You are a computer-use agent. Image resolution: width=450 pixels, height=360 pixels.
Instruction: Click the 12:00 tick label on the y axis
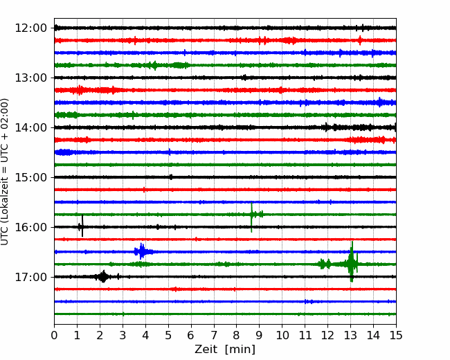pos(30,28)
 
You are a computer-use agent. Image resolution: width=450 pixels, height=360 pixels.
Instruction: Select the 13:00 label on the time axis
pos(30,78)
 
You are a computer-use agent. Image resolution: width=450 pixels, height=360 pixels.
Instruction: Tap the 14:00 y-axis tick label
pos(30,127)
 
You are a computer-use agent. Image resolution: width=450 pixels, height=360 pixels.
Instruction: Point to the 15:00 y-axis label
pos(30,177)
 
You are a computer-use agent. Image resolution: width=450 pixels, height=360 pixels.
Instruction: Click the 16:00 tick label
pos(30,227)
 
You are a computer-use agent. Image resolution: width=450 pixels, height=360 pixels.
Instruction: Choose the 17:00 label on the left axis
pos(30,277)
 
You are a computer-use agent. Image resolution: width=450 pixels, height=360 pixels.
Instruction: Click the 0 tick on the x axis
pos(54,335)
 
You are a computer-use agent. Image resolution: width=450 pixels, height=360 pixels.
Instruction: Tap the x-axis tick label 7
pos(214,335)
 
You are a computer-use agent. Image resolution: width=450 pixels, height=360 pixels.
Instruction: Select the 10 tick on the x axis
pos(282,335)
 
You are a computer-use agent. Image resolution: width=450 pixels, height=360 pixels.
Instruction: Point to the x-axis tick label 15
pos(396,335)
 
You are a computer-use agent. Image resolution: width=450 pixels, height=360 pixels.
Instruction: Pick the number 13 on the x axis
pos(350,335)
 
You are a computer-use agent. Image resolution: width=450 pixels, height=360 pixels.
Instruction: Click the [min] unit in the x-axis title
pos(240,350)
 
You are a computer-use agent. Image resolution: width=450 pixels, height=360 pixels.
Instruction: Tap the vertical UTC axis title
pos(4,172)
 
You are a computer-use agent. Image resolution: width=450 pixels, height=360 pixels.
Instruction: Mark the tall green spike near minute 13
pos(352,262)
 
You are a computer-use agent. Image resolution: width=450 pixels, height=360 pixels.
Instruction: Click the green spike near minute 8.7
pos(251,217)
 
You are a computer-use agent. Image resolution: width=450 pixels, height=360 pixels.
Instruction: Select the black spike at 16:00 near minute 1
pos(82,226)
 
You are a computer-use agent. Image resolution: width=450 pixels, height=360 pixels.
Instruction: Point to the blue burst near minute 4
pos(141,251)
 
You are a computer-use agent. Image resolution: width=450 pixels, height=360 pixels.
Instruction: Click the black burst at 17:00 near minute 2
pos(103,276)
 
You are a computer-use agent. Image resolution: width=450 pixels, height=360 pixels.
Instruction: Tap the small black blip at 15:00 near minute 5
pos(171,177)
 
